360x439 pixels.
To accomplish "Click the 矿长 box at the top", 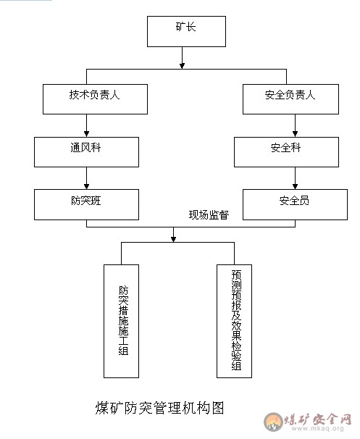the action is point(186,31).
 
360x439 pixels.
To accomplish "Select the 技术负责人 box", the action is point(95,99).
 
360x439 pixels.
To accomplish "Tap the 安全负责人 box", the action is point(290,99).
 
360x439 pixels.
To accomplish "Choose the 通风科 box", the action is point(86,152).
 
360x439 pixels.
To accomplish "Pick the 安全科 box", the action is point(286,152).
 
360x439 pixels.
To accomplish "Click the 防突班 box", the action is point(86,205).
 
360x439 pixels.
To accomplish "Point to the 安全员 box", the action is point(295,205).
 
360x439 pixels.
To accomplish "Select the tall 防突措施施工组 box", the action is point(121,321).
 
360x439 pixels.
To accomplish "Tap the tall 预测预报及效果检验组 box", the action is point(234,321).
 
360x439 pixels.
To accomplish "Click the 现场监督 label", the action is point(209,215).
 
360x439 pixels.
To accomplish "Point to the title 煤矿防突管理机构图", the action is point(160,408).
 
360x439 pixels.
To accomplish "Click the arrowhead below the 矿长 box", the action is point(182,66).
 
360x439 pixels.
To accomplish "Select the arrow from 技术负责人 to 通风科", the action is point(86,125).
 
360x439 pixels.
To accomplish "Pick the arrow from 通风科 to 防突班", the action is point(86,178).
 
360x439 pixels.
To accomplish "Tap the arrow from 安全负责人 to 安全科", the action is point(295,125).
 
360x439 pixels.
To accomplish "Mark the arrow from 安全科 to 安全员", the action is point(295,178).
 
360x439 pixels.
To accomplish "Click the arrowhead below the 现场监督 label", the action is point(173,239).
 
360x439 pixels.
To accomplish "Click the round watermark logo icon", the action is point(273,422).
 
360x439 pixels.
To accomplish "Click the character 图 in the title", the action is point(218,408).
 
